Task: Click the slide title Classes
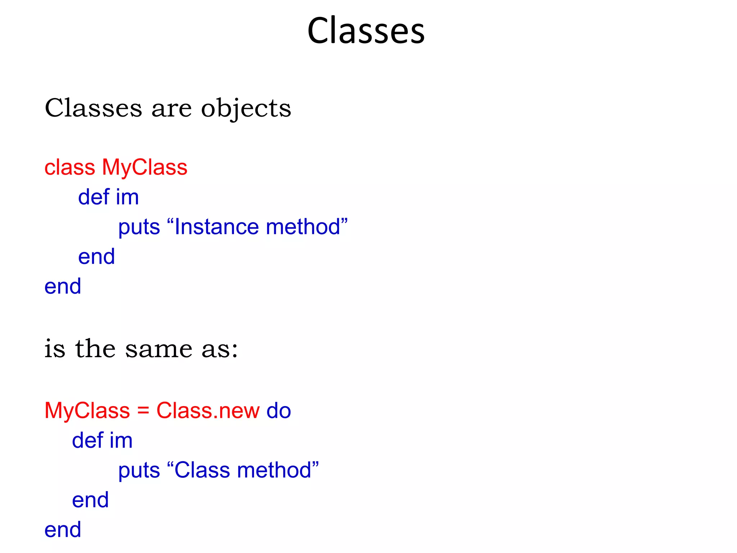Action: point(366,31)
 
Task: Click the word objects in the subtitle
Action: point(246,108)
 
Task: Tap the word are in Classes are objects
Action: point(171,109)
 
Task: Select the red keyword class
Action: point(70,167)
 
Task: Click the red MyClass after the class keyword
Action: point(145,167)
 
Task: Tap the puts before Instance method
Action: point(139,228)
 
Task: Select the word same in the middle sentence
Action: point(159,349)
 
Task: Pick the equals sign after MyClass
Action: point(143,411)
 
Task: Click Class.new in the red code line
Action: point(208,410)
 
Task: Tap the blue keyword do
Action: point(279,410)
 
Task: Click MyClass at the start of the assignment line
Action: point(87,410)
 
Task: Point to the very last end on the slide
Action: point(63,530)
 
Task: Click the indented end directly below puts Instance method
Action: point(96,257)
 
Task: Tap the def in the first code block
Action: point(94,197)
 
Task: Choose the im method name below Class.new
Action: point(121,440)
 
